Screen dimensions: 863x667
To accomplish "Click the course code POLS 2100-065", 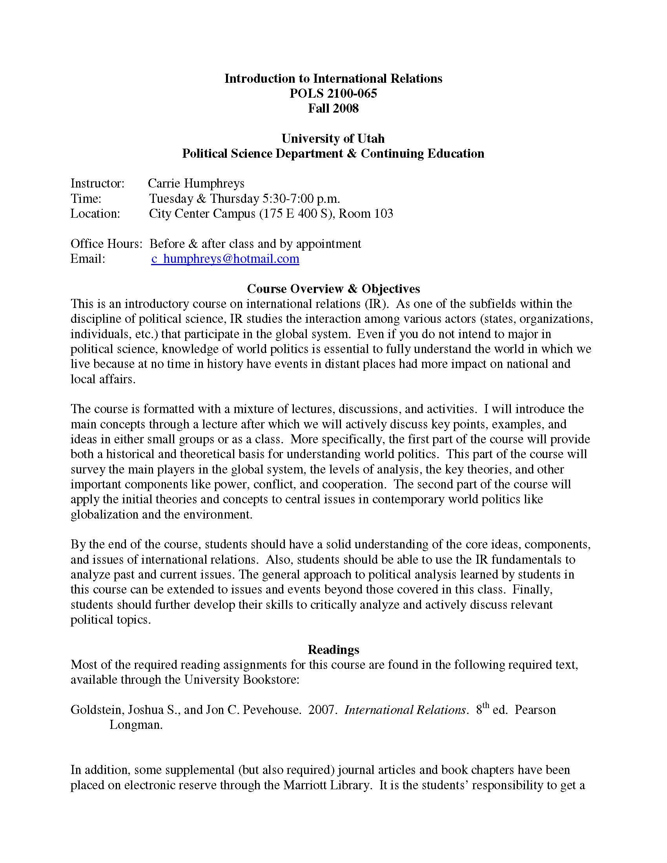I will pyautogui.click(x=333, y=93).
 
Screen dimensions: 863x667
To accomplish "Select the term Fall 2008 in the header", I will pyautogui.click(x=333, y=108).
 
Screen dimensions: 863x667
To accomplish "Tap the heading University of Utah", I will pyautogui.click(x=333, y=138).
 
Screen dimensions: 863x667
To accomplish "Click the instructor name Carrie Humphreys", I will pyautogui.click(x=196, y=183).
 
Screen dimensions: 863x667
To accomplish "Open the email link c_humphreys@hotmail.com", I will pyautogui.click(x=225, y=259).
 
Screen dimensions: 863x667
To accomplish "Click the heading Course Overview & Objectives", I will pyautogui.click(x=333, y=289).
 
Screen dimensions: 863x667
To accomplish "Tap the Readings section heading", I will pyautogui.click(x=333, y=650).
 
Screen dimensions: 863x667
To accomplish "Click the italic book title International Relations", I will pyautogui.click(x=405, y=710).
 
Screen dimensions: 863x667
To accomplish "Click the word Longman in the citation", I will pyautogui.click(x=136, y=725).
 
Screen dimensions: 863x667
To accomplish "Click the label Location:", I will pyautogui.click(x=95, y=213).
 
